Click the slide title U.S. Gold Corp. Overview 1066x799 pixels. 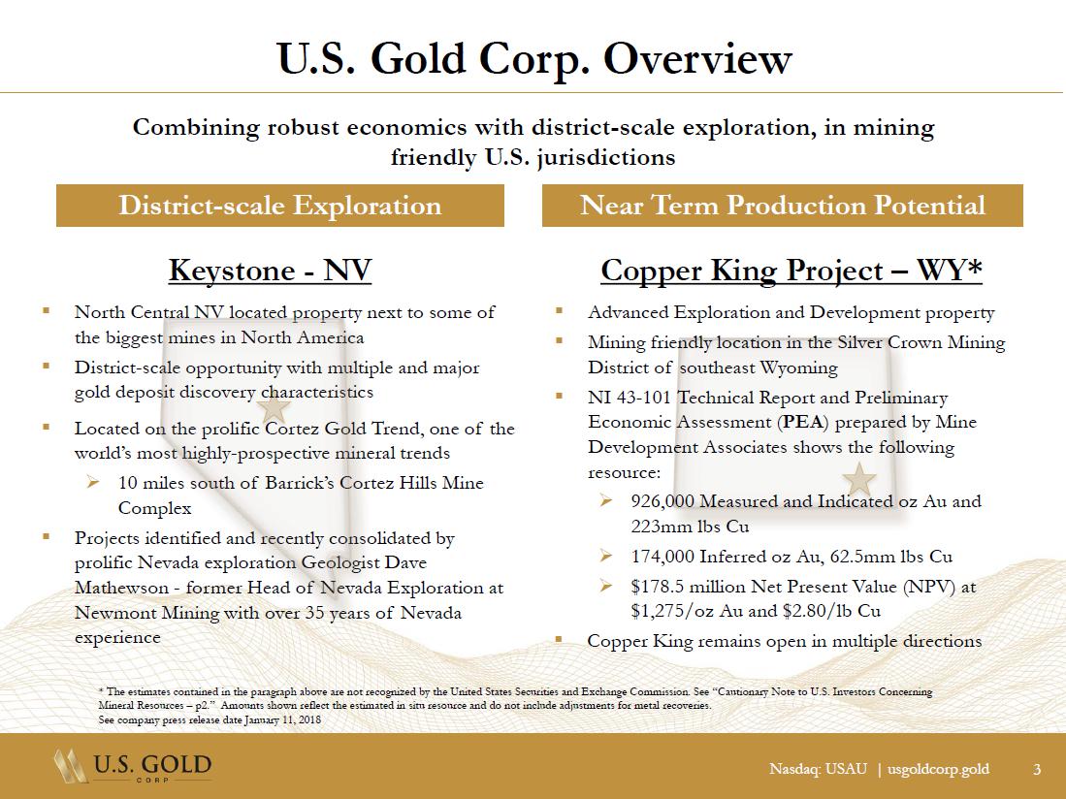(533, 59)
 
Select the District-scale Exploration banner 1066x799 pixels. (279, 206)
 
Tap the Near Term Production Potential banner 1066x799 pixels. (782, 206)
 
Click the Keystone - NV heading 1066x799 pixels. (270, 271)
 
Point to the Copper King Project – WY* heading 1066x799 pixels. (791, 271)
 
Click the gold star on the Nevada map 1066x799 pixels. (275, 408)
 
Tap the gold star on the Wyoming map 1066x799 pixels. (858, 478)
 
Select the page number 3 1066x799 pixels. (1036, 770)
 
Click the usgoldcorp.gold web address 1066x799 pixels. (938, 770)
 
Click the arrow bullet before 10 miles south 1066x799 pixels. (94, 482)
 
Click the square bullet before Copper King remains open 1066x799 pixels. (560, 640)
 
